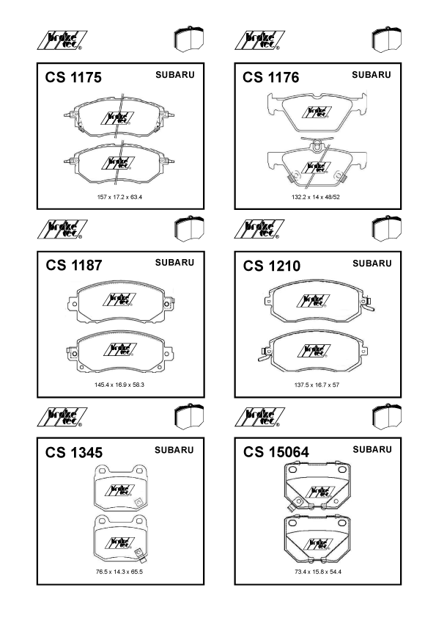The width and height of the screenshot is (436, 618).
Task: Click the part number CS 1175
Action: [73, 77]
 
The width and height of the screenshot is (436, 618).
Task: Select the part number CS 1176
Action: [270, 77]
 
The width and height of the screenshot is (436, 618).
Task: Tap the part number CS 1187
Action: [73, 265]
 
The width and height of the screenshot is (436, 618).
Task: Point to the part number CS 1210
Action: [272, 266]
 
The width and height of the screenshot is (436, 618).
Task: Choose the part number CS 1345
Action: [73, 452]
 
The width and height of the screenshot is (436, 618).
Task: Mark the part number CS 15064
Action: [276, 452]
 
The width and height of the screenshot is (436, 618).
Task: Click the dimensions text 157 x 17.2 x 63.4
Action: [119, 197]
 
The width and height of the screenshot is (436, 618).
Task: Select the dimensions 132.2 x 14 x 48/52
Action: [316, 197]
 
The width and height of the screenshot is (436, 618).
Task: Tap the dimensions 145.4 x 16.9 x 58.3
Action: [119, 385]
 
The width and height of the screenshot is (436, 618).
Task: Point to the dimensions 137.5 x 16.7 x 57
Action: [317, 385]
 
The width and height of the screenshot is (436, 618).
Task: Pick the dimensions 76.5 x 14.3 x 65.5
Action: [119, 572]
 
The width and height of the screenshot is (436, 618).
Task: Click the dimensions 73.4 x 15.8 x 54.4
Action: [317, 572]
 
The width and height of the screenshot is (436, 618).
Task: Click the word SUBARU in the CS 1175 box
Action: [174, 75]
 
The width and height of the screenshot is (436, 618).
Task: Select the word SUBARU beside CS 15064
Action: [372, 450]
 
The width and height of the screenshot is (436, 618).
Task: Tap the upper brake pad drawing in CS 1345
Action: [120, 488]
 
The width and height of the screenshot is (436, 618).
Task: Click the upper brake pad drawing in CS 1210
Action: [319, 301]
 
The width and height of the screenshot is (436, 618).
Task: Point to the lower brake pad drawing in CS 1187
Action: [120, 351]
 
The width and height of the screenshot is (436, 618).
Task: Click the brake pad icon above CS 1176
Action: [387, 40]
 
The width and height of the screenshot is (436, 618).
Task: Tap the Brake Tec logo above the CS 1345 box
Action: [62, 418]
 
